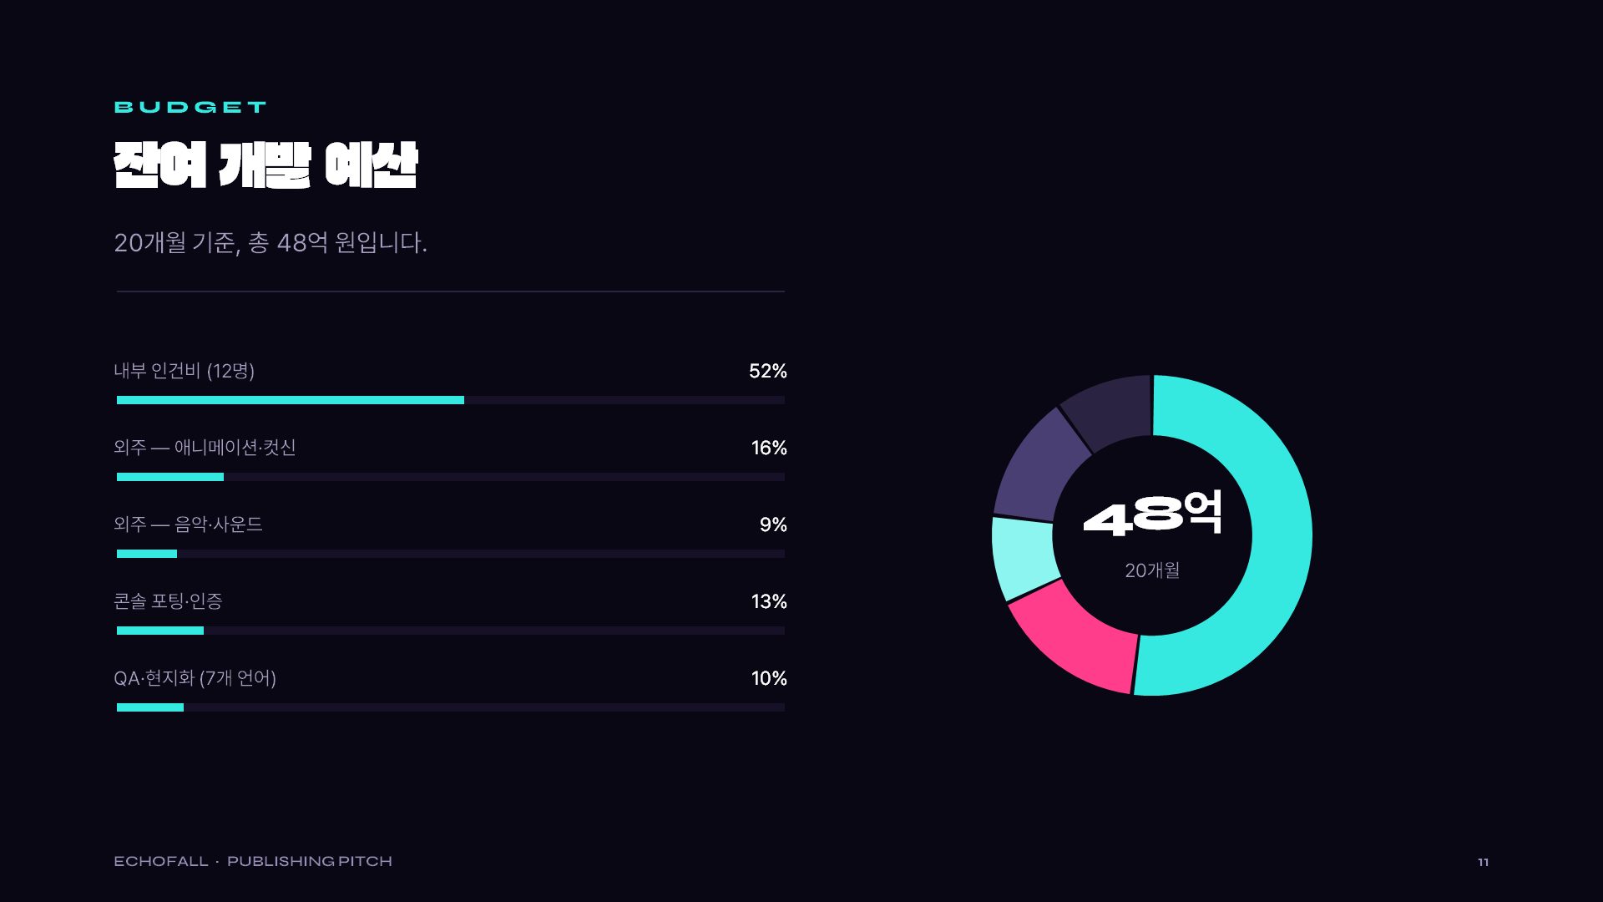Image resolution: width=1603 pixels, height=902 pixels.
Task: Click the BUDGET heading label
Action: pos(190,107)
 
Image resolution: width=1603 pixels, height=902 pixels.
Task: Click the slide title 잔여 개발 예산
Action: pos(265,165)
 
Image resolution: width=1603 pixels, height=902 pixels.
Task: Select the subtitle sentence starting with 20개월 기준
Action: pos(271,242)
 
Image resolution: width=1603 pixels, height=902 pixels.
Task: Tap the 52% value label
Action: pos(768,371)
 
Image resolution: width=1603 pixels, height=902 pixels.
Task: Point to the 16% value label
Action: pos(769,448)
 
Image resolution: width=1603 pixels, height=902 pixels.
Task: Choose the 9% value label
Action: pos(773,524)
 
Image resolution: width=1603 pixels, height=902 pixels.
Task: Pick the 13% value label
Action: pos(769,601)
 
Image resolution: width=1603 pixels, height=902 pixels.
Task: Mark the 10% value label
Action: pos(769,678)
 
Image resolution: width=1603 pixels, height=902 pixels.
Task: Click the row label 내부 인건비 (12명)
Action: pos(185,371)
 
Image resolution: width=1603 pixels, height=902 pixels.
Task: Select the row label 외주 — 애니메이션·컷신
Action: pos(205,448)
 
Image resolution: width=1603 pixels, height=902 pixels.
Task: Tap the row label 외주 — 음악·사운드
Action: pos(189,524)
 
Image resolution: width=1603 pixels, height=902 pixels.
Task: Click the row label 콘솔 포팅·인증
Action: pos(169,601)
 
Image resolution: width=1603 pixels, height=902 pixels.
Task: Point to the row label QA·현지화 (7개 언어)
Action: pos(195,678)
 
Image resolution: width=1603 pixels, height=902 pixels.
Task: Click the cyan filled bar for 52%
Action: pos(291,400)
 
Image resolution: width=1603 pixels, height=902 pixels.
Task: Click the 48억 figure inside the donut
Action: pos(1152,514)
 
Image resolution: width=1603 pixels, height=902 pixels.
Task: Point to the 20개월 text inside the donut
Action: pos(1152,570)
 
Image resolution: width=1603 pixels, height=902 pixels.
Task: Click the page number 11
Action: pos(1483,862)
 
